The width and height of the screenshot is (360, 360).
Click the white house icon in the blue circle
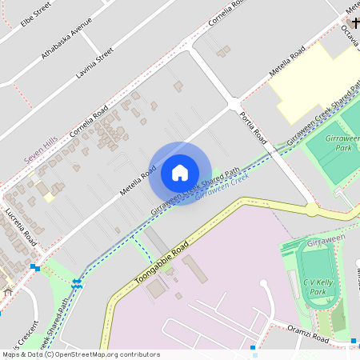[179, 173]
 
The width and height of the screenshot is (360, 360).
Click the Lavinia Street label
[94, 64]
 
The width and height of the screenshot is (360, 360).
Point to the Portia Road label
[252, 127]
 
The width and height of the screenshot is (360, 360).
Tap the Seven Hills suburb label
[40, 154]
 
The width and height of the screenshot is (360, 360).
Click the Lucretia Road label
[21, 227]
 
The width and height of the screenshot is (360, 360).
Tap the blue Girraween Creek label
[222, 186]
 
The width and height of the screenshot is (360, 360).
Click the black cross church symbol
[353, 22]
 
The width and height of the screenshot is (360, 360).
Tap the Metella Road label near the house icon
[138, 183]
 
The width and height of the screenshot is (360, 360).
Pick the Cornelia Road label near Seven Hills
[89, 122]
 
